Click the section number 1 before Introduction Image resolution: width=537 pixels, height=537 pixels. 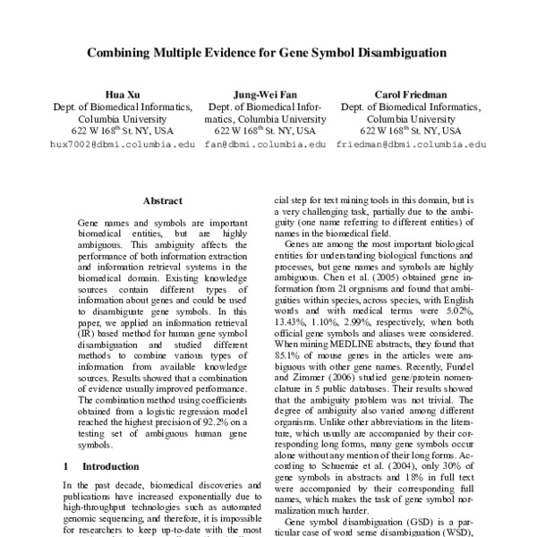(66, 466)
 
